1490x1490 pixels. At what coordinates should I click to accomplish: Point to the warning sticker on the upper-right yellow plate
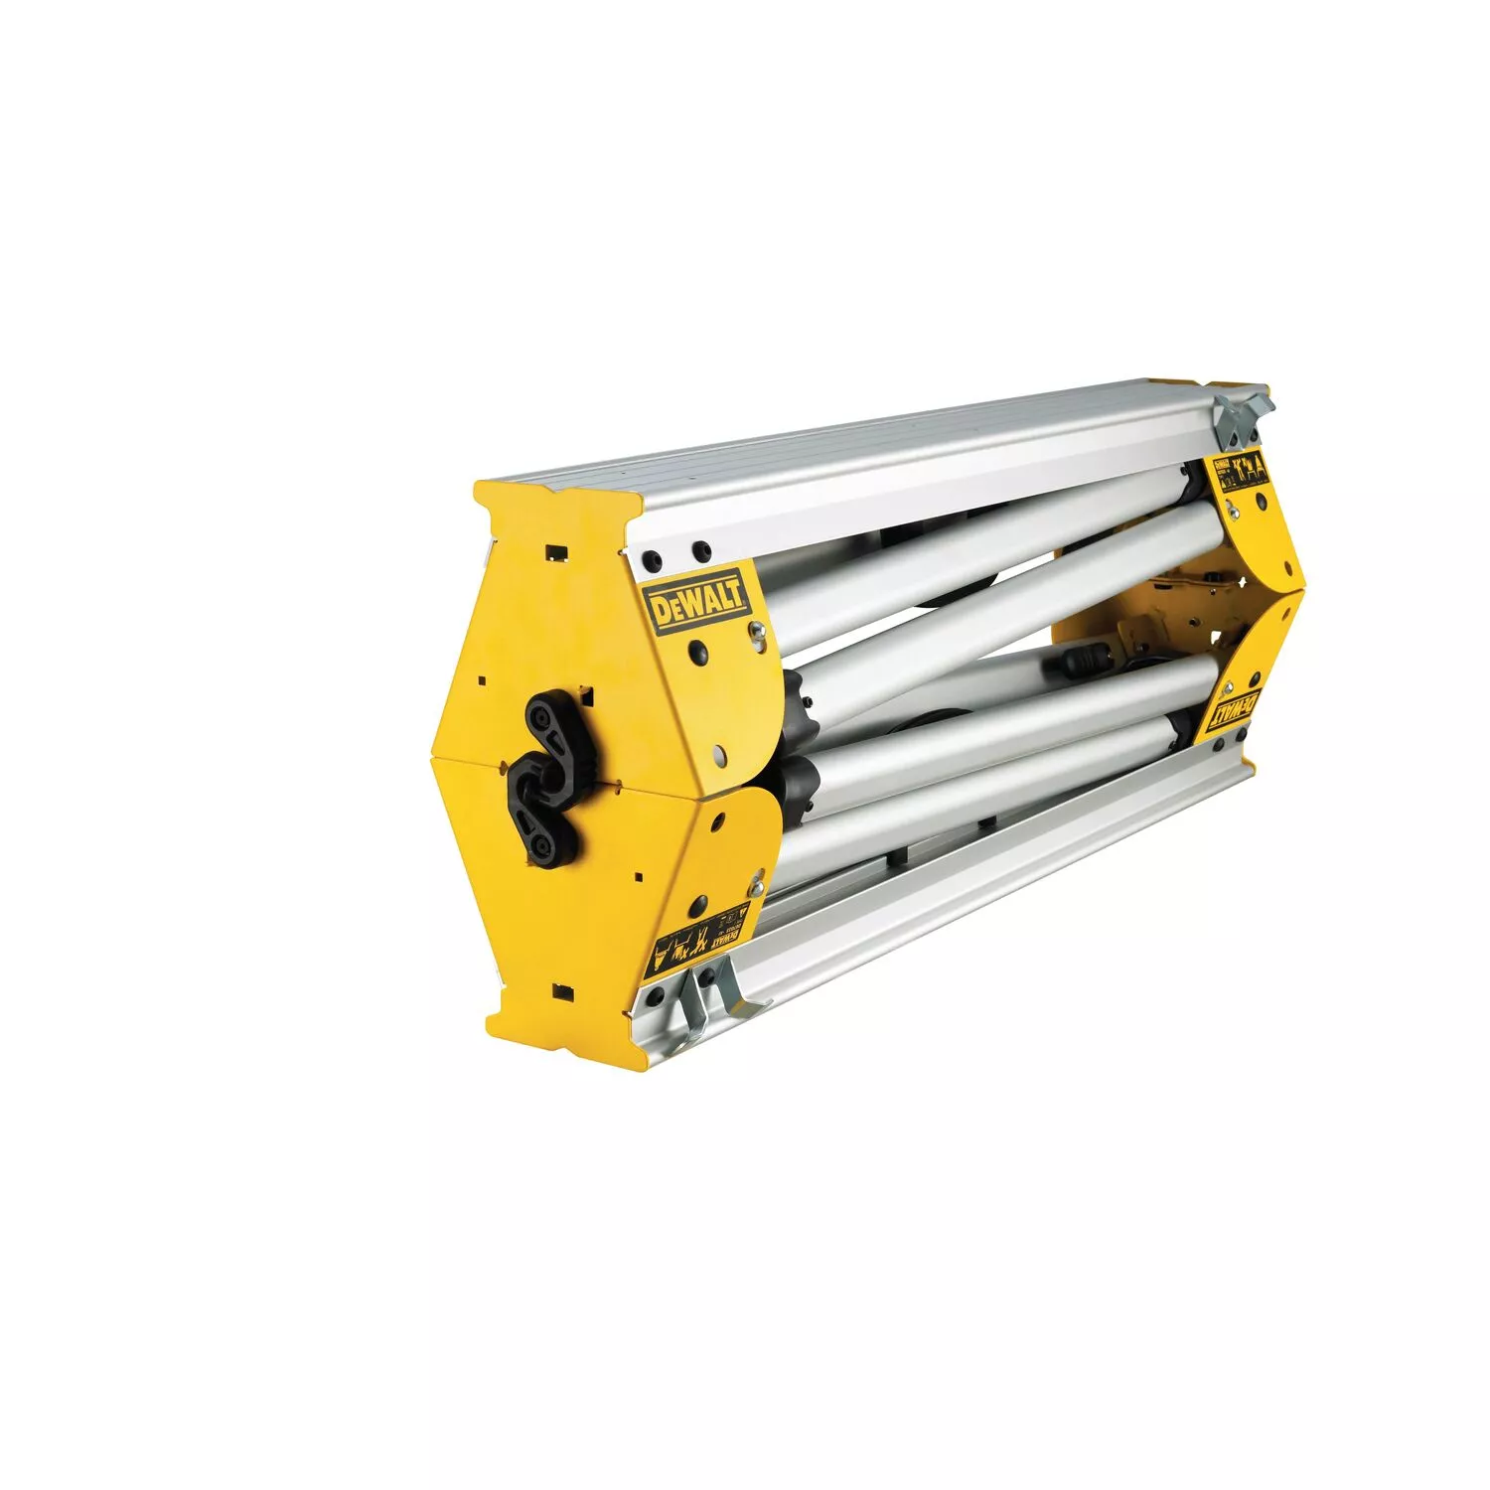[x=1243, y=475]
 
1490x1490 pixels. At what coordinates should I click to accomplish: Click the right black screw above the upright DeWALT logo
[x=701, y=548]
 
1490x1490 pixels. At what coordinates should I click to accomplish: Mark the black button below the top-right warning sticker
[x=1231, y=508]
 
